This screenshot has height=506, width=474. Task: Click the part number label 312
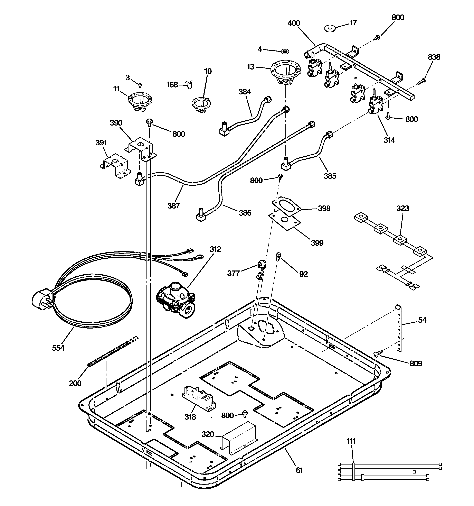pyautogui.click(x=215, y=249)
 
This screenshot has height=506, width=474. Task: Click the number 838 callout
pyautogui.click(x=434, y=57)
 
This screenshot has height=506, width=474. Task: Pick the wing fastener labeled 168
pyautogui.click(x=190, y=84)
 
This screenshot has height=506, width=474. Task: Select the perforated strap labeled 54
pyautogui.click(x=399, y=328)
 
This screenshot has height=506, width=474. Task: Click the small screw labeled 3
pyautogui.click(x=140, y=85)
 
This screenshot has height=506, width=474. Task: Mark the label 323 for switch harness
pyautogui.click(x=402, y=209)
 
